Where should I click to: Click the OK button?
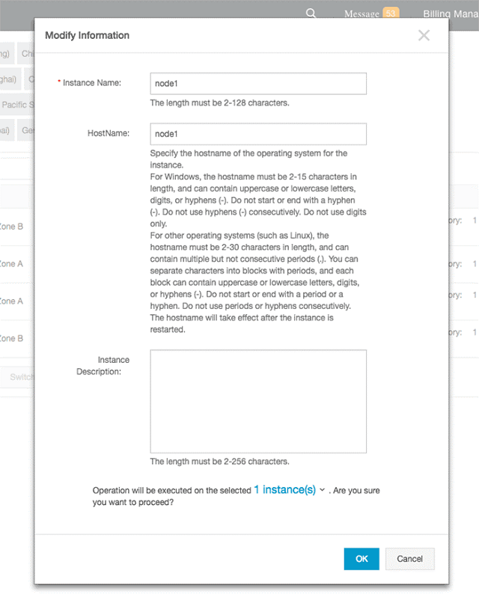click(361, 559)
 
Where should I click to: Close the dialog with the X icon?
click(424, 35)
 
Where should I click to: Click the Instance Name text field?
click(258, 83)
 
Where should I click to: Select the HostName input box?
click(258, 134)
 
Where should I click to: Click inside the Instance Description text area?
click(258, 401)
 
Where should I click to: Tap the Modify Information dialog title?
click(87, 35)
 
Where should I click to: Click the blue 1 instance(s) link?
click(284, 490)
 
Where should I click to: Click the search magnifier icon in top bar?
click(311, 13)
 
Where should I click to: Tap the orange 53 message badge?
click(391, 13)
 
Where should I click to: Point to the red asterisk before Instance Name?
click(59, 82)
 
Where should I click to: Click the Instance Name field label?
click(92, 83)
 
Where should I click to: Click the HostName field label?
click(109, 134)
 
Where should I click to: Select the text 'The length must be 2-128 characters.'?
click(219, 103)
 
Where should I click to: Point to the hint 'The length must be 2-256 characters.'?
click(219, 462)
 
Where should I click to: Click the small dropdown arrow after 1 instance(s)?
click(322, 491)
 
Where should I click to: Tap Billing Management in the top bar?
click(450, 14)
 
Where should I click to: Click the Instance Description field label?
click(103, 365)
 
